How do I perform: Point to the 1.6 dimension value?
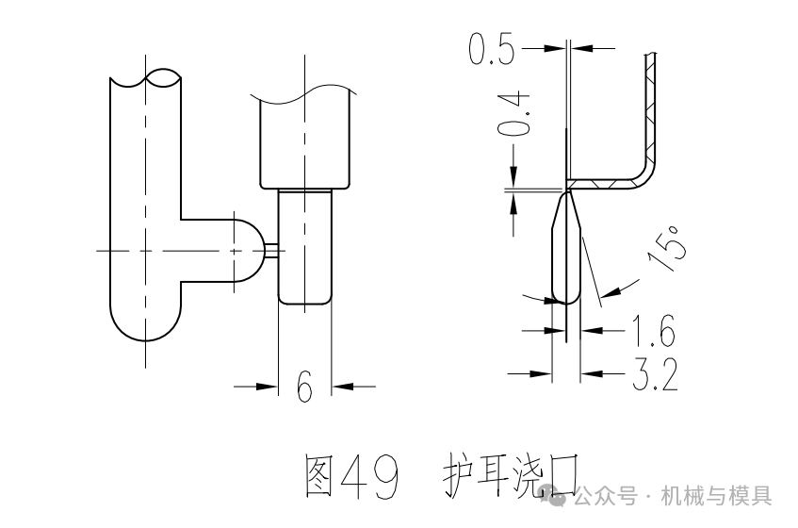point(653,331)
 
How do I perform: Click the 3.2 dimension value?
point(653,375)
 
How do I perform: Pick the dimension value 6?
point(304,386)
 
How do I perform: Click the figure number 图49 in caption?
point(350,476)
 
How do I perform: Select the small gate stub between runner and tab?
point(271,250)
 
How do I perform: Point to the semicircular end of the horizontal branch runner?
point(248,250)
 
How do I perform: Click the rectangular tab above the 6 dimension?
point(305,245)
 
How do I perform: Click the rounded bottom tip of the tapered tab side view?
point(565,298)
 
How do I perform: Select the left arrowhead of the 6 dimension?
point(269,386)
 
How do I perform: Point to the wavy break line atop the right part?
point(305,91)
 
